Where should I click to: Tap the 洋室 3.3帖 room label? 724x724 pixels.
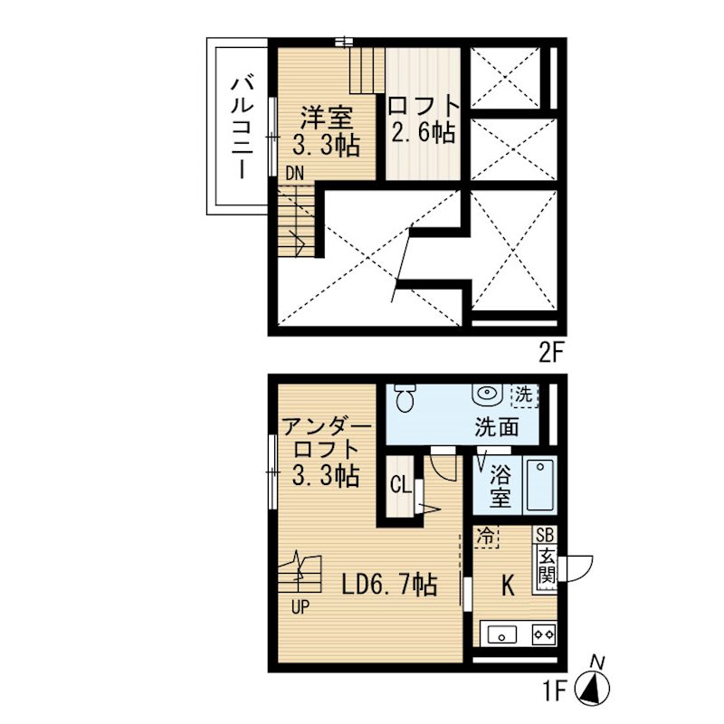point(327,131)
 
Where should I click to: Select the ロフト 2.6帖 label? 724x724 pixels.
point(424,119)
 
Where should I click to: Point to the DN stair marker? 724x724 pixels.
point(295,173)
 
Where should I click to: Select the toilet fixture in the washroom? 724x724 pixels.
point(406,398)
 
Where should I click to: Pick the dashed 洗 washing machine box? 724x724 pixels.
point(525,395)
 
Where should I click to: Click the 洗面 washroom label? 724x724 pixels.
point(497,427)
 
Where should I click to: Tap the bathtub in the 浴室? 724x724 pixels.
point(539,484)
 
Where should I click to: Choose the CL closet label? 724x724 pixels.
point(400,485)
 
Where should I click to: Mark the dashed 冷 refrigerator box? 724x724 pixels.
point(487,537)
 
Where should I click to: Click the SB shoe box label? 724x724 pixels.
point(545,535)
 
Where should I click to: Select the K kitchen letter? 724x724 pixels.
point(508,586)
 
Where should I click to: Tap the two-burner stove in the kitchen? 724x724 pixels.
point(544,634)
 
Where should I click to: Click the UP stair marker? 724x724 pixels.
point(300,607)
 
